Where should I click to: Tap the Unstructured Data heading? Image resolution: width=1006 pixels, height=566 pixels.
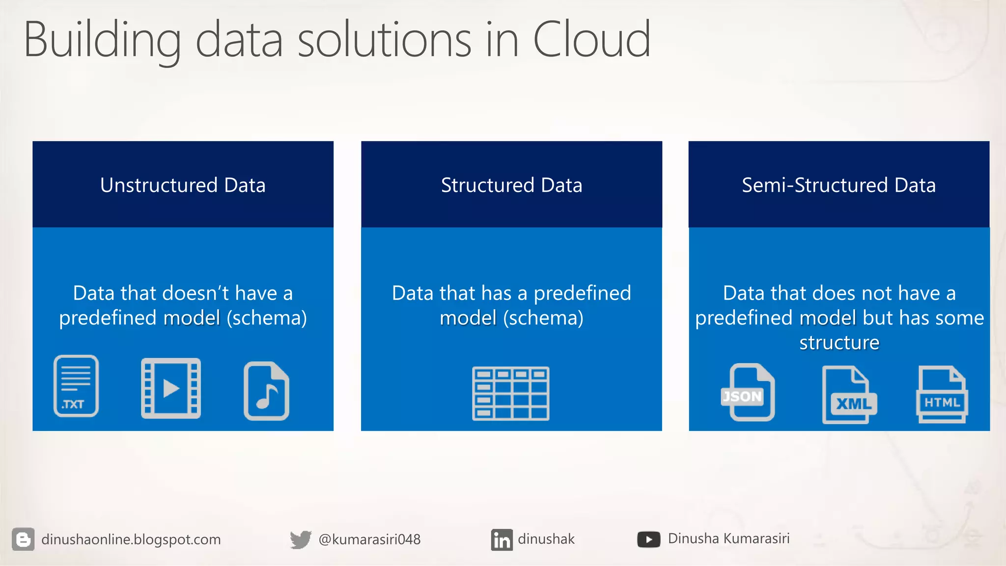click(x=183, y=185)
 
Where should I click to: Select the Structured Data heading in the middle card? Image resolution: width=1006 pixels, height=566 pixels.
click(x=511, y=185)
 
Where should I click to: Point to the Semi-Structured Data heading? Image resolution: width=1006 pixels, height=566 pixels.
click(x=838, y=185)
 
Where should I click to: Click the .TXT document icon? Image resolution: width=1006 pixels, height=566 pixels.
click(x=76, y=386)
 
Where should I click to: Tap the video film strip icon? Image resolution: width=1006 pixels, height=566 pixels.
click(x=171, y=388)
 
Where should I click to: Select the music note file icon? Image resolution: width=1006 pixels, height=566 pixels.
click(x=266, y=391)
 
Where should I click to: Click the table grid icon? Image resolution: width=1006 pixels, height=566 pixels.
click(x=511, y=393)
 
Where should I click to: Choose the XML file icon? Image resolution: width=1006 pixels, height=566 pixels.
click(x=849, y=395)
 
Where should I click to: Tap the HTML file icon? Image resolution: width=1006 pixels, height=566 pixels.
click(x=942, y=395)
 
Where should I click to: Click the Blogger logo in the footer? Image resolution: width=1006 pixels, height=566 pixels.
click(x=23, y=539)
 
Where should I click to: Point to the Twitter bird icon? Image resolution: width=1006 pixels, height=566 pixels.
click(x=300, y=539)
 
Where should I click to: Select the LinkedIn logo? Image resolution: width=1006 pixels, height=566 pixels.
click(x=502, y=539)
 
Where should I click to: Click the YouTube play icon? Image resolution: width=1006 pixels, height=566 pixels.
click(x=648, y=539)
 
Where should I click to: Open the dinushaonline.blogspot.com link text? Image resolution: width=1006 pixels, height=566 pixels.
click(x=131, y=539)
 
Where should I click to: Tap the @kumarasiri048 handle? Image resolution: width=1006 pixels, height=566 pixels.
click(x=369, y=539)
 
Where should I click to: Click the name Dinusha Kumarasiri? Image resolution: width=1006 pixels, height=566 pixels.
click(x=728, y=538)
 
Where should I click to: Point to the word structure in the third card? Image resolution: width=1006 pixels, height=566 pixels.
click(x=839, y=342)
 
